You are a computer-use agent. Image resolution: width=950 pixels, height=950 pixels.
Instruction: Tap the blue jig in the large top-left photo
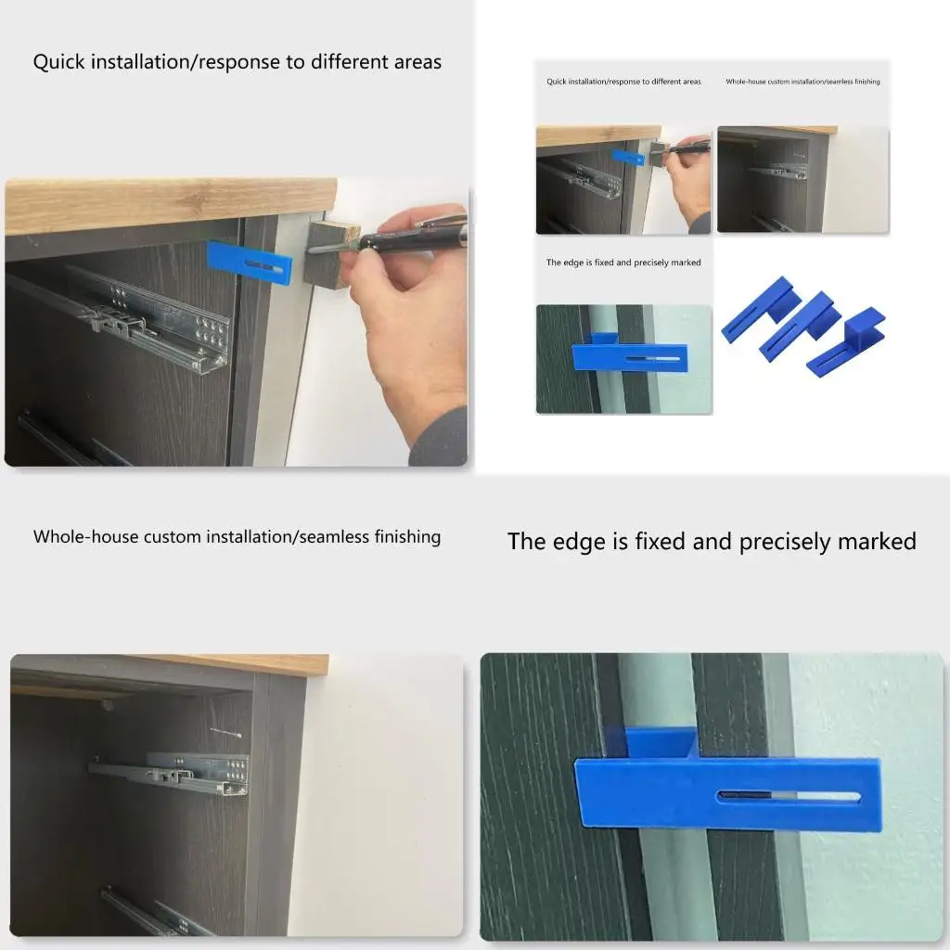249,263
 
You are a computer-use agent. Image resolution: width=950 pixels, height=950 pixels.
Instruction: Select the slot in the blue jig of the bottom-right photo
789,797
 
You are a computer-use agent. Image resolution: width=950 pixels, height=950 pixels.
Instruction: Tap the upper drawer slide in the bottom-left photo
172,773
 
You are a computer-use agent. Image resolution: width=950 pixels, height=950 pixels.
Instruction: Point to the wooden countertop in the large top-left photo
167,204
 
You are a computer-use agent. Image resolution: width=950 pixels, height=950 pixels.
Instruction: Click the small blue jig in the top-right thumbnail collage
629,158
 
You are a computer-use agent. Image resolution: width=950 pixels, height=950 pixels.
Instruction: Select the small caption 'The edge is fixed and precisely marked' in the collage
623,263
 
